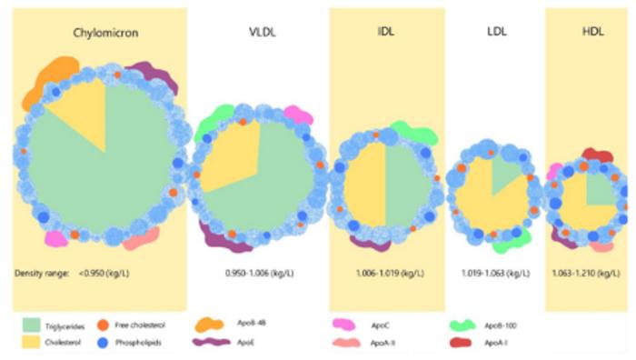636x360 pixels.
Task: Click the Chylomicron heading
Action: click(x=100, y=34)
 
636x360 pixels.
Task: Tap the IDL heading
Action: click(x=386, y=34)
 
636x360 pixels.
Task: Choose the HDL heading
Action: click(x=593, y=34)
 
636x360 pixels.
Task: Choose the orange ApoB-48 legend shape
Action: click(x=212, y=323)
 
